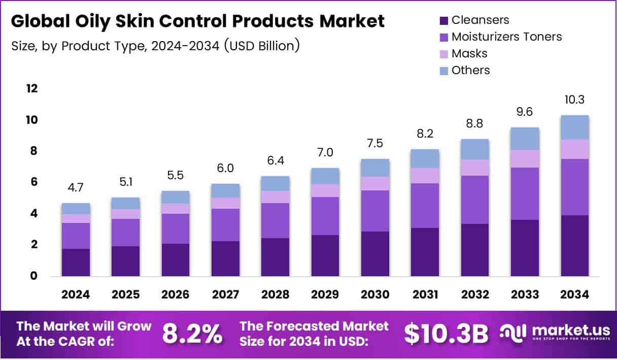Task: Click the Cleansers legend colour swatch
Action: (x=443, y=21)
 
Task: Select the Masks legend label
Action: (x=469, y=53)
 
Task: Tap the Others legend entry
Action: (x=470, y=70)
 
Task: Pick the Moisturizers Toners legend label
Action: (x=506, y=37)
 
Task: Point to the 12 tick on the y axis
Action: (x=31, y=88)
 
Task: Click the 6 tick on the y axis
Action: (x=34, y=182)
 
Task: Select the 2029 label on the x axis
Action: (x=325, y=295)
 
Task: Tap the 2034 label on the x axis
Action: (x=575, y=295)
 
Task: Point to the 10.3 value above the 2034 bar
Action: (x=575, y=100)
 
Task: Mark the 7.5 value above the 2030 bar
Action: (x=375, y=144)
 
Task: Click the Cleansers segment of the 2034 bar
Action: (x=575, y=246)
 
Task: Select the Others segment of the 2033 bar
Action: (x=525, y=139)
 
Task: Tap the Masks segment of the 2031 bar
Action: (x=425, y=176)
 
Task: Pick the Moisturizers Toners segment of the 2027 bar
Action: (x=225, y=225)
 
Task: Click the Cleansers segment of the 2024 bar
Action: (x=76, y=263)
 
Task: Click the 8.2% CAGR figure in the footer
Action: (x=192, y=334)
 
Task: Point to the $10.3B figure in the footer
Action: (x=446, y=334)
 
